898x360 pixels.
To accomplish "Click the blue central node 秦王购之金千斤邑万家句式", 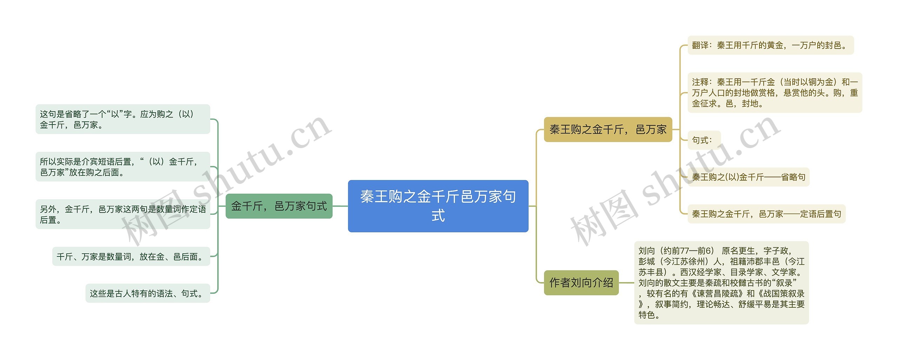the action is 438,206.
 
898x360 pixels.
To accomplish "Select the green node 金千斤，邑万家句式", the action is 279,206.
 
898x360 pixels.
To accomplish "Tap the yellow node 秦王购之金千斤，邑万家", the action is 608,129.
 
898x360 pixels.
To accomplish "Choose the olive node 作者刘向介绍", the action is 581,282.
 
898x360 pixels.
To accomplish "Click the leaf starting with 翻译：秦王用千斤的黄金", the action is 770,45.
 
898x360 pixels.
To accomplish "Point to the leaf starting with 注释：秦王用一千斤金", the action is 775,93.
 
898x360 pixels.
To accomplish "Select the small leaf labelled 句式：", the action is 704,140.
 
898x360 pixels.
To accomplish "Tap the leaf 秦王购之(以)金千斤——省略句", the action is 748,177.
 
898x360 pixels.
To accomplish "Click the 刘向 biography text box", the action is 721,282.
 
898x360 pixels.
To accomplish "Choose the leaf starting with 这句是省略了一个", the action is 123,119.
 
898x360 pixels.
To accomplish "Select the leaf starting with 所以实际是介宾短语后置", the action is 123,167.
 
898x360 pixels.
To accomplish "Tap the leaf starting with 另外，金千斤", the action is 123,214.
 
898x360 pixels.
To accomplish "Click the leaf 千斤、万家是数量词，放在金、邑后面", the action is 131,256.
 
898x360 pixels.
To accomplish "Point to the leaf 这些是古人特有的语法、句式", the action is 148,293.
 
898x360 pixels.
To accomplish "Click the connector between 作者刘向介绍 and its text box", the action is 626,282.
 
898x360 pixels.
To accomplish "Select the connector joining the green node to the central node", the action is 340,206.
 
